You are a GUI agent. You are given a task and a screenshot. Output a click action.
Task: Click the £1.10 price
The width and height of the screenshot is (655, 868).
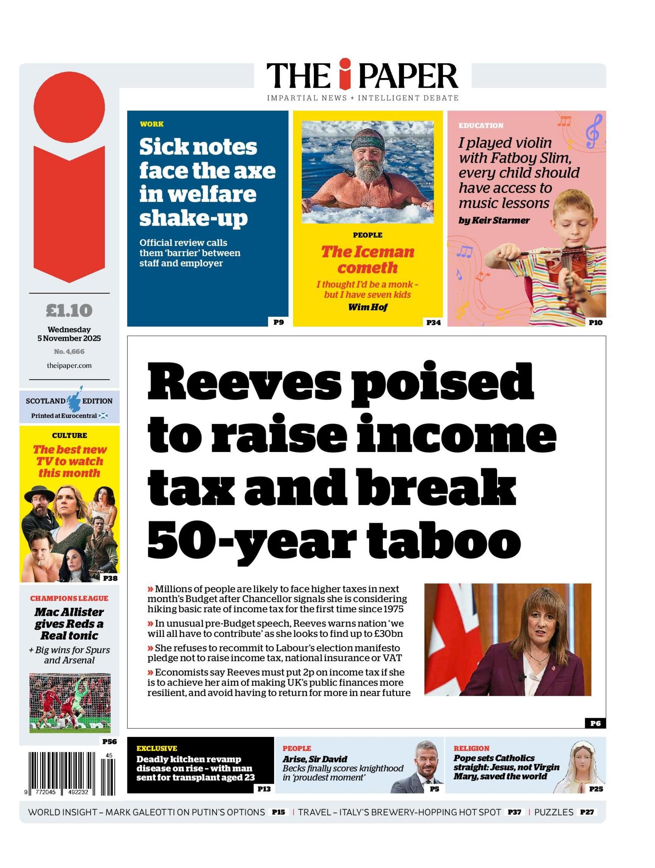click(x=69, y=310)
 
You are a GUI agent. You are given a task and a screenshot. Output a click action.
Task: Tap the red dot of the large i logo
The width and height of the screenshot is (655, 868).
click(x=69, y=107)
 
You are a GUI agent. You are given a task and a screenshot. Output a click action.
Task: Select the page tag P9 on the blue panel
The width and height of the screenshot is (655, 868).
click(x=278, y=322)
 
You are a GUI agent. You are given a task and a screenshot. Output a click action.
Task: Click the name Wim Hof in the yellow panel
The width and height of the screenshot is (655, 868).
click(x=367, y=307)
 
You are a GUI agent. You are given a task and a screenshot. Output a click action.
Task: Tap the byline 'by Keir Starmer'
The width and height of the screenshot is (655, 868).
click(x=494, y=221)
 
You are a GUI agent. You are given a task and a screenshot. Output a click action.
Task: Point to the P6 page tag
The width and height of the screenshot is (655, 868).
click(x=595, y=723)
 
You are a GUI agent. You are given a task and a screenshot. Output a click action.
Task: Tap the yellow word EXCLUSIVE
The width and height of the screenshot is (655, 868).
click(x=157, y=748)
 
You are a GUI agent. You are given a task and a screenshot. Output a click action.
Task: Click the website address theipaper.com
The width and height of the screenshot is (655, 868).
click(x=69, y=365)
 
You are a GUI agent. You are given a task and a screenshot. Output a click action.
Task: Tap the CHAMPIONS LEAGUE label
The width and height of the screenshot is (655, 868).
click(x=69, y=598)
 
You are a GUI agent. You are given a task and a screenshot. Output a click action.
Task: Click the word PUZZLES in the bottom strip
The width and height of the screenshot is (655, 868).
click(x=554, y=812)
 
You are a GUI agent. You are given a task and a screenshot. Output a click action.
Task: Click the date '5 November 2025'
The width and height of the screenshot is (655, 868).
click(x=69, y=338)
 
